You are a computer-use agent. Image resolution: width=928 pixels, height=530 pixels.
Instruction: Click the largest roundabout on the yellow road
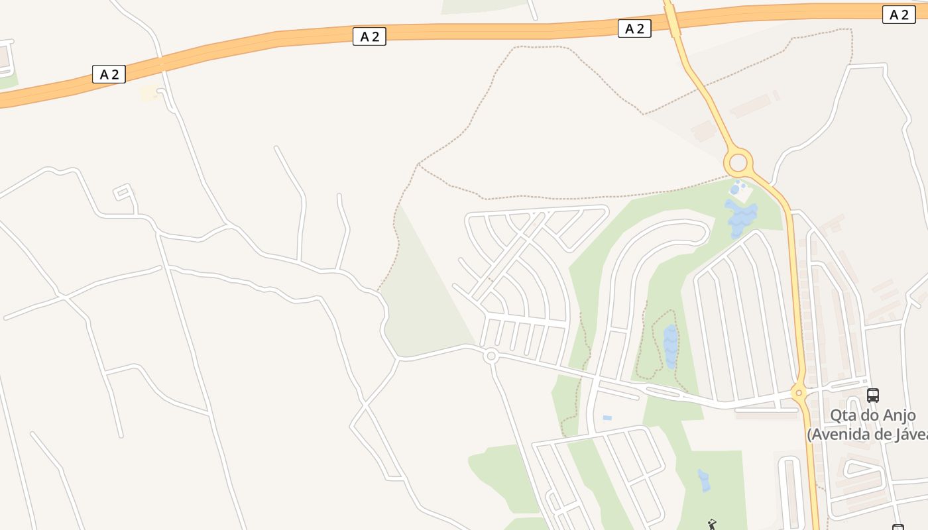click(738, 162)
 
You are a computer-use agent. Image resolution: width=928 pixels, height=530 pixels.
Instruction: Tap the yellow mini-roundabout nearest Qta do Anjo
click(799, 393)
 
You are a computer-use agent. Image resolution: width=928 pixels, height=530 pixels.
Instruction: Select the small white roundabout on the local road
click(491, 356)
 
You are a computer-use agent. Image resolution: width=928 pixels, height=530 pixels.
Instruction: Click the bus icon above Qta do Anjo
click(873, 396)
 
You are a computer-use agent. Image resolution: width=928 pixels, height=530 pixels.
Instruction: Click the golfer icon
click(712, 525)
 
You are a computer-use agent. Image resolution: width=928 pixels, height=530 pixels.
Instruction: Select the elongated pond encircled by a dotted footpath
click(671, 345)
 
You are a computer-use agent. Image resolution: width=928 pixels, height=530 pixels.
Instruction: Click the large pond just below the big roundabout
click(741, 218)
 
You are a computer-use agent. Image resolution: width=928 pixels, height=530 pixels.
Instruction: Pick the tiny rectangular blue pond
click(607, 418)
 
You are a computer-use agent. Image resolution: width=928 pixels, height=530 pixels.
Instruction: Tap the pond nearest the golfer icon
click(703, 480)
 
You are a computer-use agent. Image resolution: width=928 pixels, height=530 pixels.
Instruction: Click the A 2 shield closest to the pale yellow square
click(109, 74)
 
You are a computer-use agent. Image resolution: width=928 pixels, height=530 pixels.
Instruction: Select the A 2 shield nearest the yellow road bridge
click(634, 28)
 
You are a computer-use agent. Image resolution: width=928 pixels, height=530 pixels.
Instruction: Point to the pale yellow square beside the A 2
click(150, 93)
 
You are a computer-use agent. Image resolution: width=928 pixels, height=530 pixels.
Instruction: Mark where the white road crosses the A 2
click(161, 64)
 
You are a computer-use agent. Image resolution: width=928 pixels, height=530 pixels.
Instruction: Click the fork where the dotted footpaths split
click(419, 164)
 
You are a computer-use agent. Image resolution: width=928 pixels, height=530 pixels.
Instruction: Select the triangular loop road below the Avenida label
click(862, 470)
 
